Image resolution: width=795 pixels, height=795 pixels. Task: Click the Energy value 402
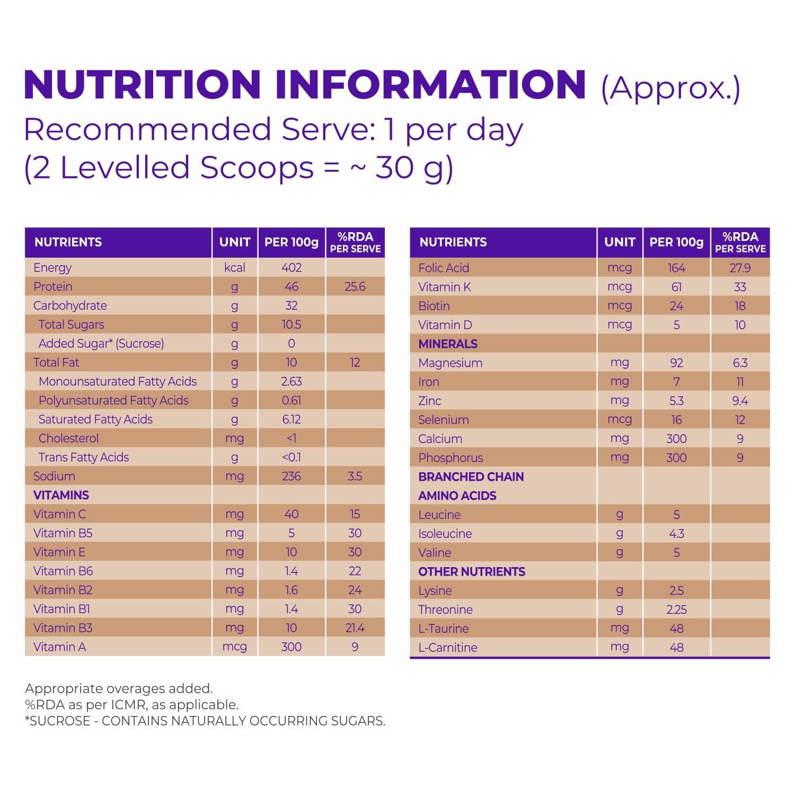[291, 268]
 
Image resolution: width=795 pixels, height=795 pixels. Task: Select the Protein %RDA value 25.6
[355, 287]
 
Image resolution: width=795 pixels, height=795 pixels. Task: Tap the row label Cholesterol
[68, 438]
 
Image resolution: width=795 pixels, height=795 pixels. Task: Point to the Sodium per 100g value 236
[291, 476]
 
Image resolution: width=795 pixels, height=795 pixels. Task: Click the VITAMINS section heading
[61, 495]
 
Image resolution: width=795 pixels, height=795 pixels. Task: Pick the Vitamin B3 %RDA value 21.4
[355, 628]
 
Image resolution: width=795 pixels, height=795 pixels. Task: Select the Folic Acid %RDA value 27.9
[740, 268]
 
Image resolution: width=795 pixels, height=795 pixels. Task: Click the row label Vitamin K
[444, 287]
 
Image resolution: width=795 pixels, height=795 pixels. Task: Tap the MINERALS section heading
[448, 344]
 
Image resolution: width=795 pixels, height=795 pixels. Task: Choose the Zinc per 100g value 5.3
[676, 401]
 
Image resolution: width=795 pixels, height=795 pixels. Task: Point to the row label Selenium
[443, 420]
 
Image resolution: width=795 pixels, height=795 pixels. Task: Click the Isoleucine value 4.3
[676, 534]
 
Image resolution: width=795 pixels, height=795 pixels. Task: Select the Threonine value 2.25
[676, 609]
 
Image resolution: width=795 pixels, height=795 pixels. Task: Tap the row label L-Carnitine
[447, 647]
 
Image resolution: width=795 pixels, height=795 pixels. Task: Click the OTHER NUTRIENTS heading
[472, 571]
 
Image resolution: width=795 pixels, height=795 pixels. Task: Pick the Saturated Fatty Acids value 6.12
[291, 419]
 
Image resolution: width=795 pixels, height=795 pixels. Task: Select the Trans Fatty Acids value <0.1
[291, 457]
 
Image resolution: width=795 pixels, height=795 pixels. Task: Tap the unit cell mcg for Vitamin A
[234, 647]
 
